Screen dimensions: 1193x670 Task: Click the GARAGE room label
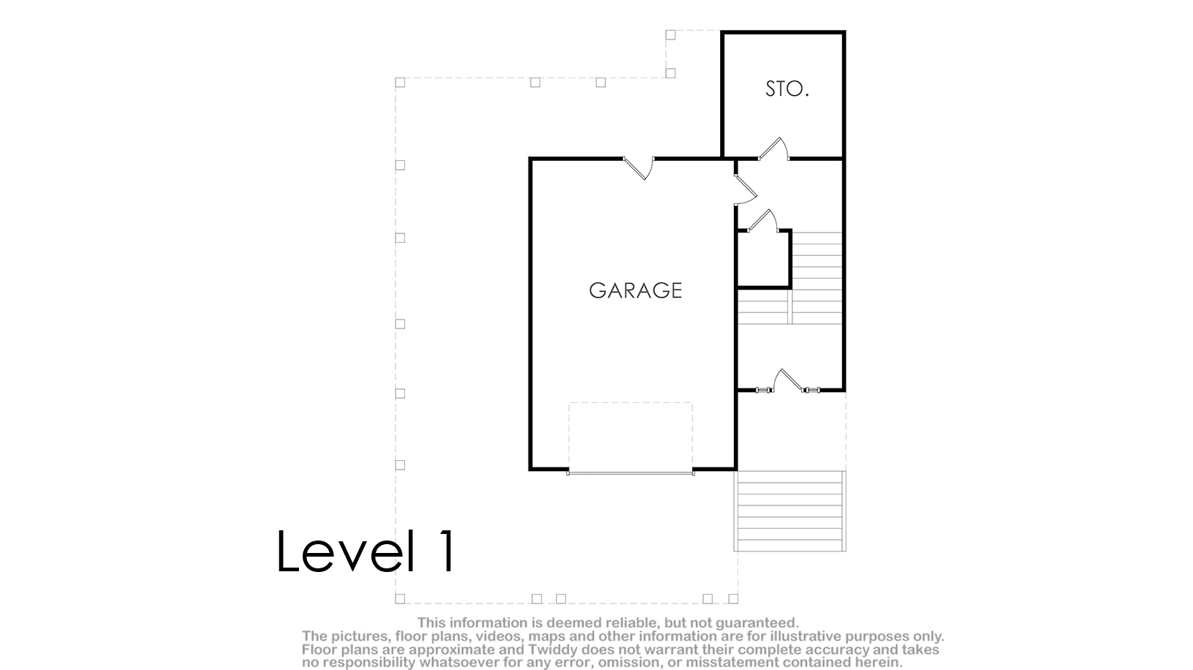pyautogui.click(x=635, y=290)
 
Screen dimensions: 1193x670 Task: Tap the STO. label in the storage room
pyautogui.click(x=787, y=89)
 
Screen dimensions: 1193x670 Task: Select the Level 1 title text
pyautogui.click(x=366, y=551)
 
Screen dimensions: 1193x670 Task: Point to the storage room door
pyautogui.click(x=774, y=148)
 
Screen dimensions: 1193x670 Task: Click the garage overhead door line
pyautogui.click(x=631, y=473)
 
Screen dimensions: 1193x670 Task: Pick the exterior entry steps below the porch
pyautogui.click(x=789, y=511)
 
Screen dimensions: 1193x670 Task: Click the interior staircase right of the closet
pyautogui.click(x=817, y=278)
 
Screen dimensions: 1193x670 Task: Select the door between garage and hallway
pyautogui.click(x=745, y=189)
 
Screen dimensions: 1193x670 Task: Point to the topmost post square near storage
pyautogui.click(x=670, y=34)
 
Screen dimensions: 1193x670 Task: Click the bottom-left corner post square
pyautogui.click(x=400, y=599)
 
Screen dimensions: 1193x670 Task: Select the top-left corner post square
pyautogui.click(x=400, y=83)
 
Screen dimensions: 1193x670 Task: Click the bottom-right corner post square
pyautogui.click(x=733, y=599)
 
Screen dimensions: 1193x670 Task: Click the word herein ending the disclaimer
pyautogui.click(x=880, y=663)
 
